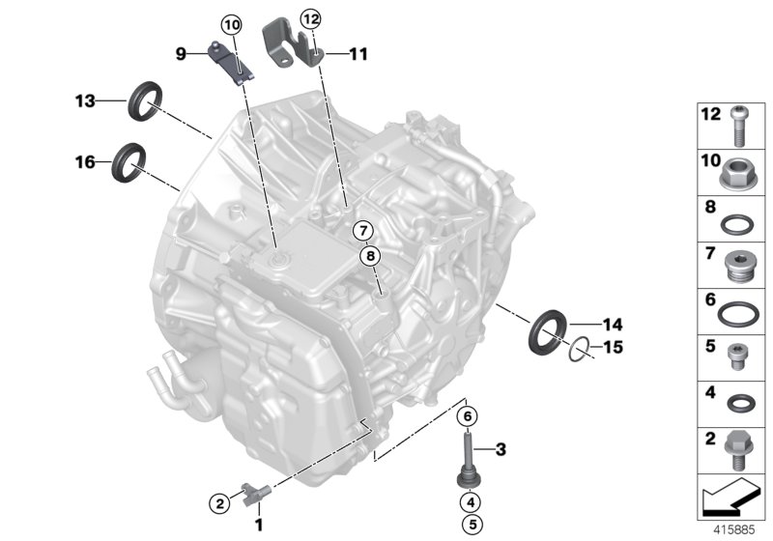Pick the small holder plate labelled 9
pos(232,62)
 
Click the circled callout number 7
pos(361,231)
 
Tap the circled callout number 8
pos(371,256)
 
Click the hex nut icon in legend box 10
pos(739,174)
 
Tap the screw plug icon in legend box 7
pos(739,263)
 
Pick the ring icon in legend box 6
pos(739,311)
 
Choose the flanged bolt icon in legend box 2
pos(738,448)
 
